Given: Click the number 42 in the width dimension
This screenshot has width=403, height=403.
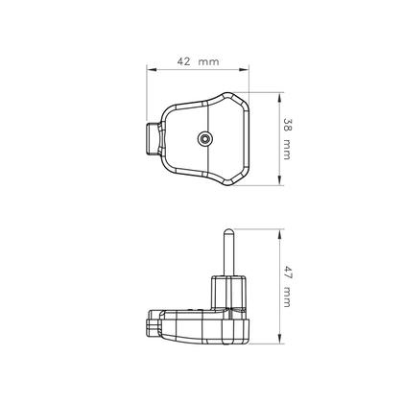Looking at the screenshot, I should pyautogui.click(x=182, y=60).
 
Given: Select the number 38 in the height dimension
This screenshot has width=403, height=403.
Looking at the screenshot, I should pyautogui.click(x=286, y=125).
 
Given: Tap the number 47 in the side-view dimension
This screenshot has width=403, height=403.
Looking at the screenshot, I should pyautogui.click(x=286, y=272).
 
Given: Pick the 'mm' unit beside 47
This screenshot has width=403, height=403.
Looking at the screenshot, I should pyautogui.click(x=286, y=298).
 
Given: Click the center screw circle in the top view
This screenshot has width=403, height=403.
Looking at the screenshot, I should pyautogui.click(x=205, y=139).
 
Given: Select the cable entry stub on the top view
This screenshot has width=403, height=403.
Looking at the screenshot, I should pyautogui.click(x=154, y=139).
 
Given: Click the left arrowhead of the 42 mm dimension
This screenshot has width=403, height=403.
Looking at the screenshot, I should pyautogui.click(x=150, y=69).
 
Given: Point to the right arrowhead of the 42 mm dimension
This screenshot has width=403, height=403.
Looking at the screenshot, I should pyautogui.click(x=251, y=69).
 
